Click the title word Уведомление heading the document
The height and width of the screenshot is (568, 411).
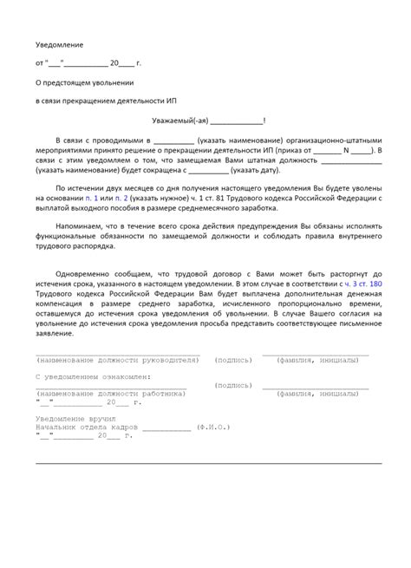[59, 42]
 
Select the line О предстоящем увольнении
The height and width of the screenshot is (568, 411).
[84, 82]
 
